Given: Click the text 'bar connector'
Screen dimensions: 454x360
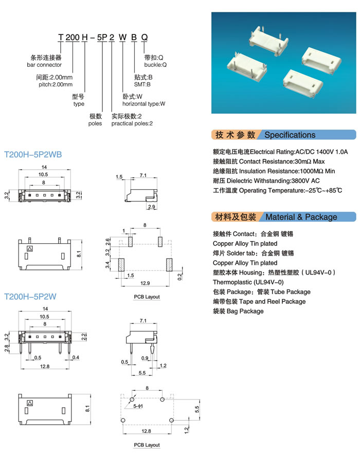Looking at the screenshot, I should point(44,65).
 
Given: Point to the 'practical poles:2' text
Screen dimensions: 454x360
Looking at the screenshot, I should point(132,123).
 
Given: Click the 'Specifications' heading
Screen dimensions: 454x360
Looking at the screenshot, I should point(290,135).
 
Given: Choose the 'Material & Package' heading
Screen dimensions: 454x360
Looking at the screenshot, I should point(301,217).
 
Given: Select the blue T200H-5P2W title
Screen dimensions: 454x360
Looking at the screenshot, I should point(30,297).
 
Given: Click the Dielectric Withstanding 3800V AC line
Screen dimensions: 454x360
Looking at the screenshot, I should point(266,181).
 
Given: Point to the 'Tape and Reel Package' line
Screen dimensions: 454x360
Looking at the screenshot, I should point(259,302).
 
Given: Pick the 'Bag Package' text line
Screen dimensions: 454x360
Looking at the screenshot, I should point(238,312).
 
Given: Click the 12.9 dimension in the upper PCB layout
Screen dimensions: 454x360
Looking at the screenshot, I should point(146,284).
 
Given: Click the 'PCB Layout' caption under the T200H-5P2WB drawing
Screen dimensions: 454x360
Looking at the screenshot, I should point(147,297).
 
